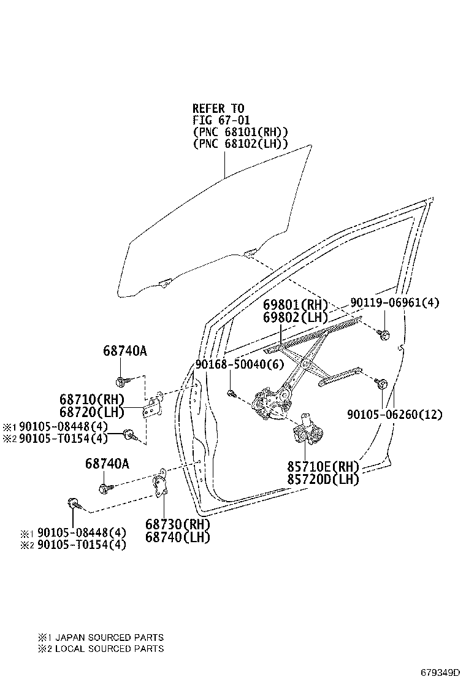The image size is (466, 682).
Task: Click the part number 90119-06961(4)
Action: [x=395, y=302]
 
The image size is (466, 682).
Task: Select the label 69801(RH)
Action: [x=296, y=305]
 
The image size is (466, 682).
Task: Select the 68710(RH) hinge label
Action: [x=92, y=399]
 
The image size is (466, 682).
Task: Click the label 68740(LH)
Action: [x=178, y=537]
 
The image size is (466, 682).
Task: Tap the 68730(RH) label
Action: [x=178, y=525]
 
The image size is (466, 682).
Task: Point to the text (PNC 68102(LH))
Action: [x=240, y=144]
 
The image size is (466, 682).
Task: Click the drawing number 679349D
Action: [x=440, y=672]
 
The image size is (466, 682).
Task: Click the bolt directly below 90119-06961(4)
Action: [x=385, y=334]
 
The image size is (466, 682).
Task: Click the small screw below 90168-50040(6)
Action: [x=231, y=392]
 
